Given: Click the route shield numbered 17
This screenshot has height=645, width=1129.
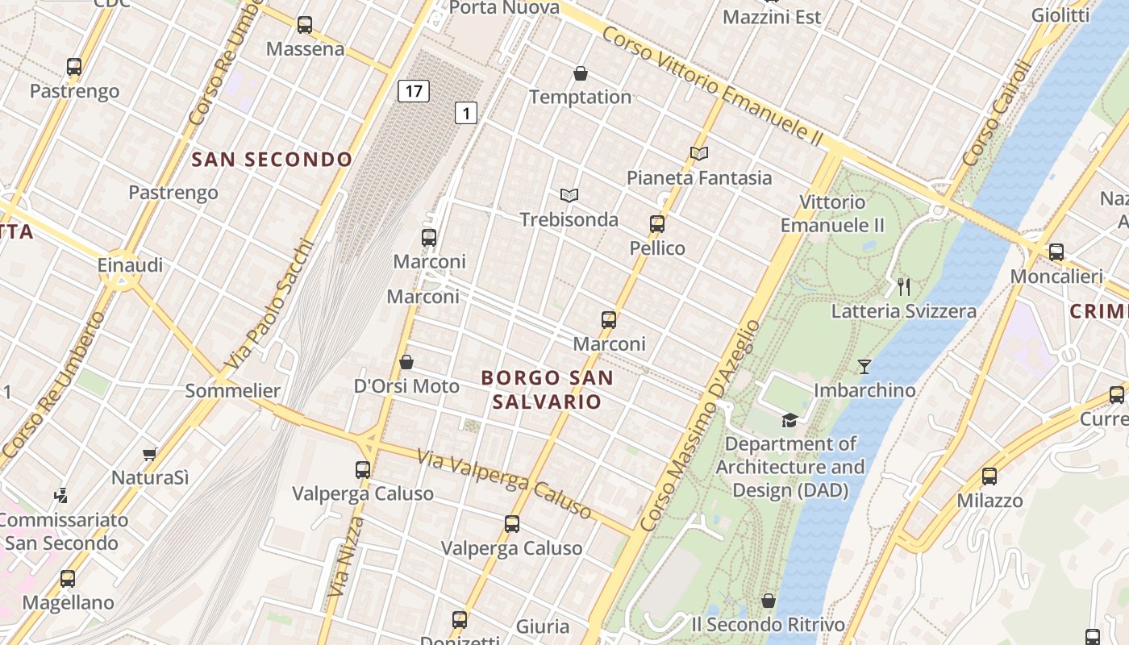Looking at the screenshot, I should tap(413, 91).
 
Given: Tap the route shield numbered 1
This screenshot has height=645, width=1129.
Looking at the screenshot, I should tap(465, 113).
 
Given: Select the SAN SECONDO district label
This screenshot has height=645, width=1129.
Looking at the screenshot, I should tap(272, 160).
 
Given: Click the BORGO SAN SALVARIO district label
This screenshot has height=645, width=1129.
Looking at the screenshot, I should tap(547, 389).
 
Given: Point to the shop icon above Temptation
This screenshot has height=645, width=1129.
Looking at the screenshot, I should tap(580, 74).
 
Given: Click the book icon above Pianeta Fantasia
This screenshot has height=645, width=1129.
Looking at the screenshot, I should tap(698, 153).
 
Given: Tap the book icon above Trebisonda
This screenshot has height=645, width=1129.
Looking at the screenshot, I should tap(569, 195).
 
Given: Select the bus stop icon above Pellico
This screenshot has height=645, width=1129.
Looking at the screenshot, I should tap(657, 224).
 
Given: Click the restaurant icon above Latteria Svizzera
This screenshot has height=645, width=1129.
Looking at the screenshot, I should tap(904, 286).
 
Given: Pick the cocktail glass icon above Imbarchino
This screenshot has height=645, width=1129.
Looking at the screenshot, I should tap(864, 367).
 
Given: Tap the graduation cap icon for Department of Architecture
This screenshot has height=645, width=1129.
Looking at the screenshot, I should tap(789, 420).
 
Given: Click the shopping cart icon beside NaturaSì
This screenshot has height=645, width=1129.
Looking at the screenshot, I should tap(149, 455).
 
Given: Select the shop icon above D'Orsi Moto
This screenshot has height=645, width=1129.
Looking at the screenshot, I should tap(406, 362).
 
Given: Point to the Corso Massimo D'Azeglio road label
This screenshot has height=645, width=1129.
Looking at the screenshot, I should tap(701, 426).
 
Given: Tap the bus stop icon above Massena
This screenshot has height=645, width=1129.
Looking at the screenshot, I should tap(304, 25).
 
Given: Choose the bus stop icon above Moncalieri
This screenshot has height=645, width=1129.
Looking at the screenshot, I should tap(1056, 252).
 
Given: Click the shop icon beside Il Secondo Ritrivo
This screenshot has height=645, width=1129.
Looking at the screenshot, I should tap(769, 601).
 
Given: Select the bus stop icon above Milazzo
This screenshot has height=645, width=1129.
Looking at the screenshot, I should tap(989, 476).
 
